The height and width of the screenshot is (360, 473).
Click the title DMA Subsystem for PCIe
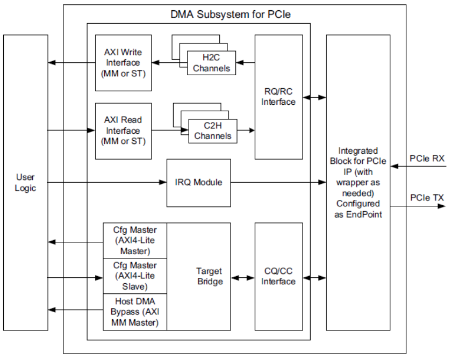point(231,15)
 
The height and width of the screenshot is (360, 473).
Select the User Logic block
point(25,182)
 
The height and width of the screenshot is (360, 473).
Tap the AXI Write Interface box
point(123,63)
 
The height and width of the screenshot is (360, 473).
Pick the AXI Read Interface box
point(123,131)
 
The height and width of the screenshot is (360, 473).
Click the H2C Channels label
point(211,63)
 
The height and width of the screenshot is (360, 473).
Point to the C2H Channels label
point(212,131)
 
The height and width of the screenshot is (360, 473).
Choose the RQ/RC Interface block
point(278,97)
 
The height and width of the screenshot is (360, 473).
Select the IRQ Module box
point(198,183)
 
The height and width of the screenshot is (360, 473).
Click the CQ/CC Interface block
point(278,276)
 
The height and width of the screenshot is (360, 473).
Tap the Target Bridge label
point(209,276)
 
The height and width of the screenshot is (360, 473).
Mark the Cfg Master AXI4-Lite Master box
point(135,240)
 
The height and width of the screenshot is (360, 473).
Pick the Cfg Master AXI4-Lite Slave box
point(135,276)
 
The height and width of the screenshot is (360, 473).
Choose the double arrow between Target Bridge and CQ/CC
point(242,278)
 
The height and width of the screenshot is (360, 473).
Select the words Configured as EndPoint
point(358,209)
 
